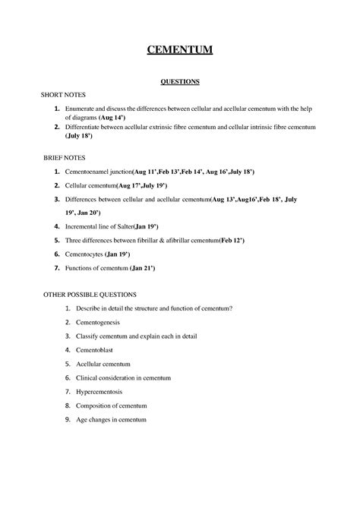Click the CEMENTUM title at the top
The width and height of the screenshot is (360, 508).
[180, 51]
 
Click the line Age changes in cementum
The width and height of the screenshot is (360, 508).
[110, 419]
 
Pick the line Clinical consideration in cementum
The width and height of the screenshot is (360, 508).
[123, 377]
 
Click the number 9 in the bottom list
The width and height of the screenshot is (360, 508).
[68, 419]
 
